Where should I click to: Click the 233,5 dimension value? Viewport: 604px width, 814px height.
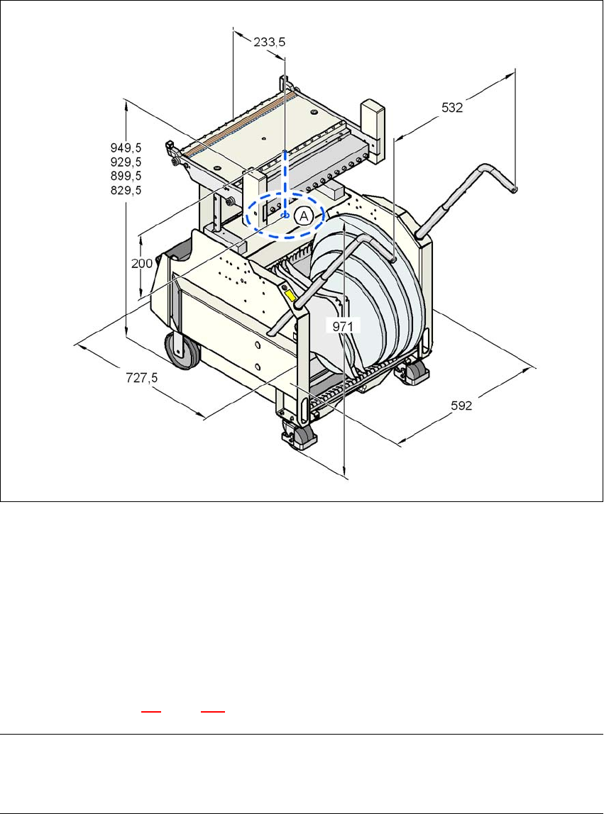tap(270, 43)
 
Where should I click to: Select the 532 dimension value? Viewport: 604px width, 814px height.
tap(452, 108)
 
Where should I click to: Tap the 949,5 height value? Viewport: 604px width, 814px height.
tap(126, 148)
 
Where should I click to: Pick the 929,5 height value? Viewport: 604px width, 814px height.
tap(126, 162)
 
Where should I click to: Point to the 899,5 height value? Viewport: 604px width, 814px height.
tap(126, 176)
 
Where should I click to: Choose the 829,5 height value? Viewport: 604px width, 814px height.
tap(126, 190)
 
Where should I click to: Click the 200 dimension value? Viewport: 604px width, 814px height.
tap(141, 263)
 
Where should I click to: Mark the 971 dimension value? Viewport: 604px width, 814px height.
tap(344, 325)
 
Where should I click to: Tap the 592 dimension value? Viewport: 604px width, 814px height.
tap(464, 406)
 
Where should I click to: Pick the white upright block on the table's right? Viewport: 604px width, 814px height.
tap(372, 118)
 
